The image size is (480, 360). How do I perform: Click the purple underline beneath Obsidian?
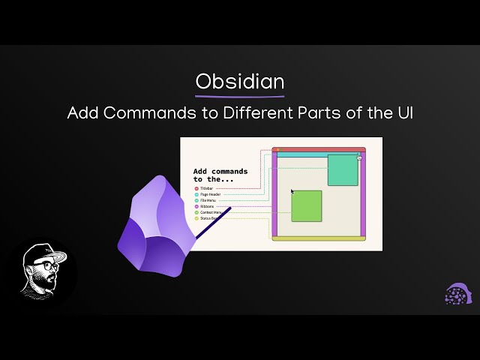point(240,96)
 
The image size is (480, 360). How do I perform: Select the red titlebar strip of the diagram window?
point(319,150)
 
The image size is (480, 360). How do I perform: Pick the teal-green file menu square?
point(343,169)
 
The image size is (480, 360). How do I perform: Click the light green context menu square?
point(306,206)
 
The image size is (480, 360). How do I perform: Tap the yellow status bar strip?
point(319,238)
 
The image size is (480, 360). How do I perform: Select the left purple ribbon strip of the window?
point(274,195)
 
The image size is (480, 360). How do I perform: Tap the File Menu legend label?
point(209,200)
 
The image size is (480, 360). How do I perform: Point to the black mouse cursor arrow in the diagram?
point(292,192)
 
